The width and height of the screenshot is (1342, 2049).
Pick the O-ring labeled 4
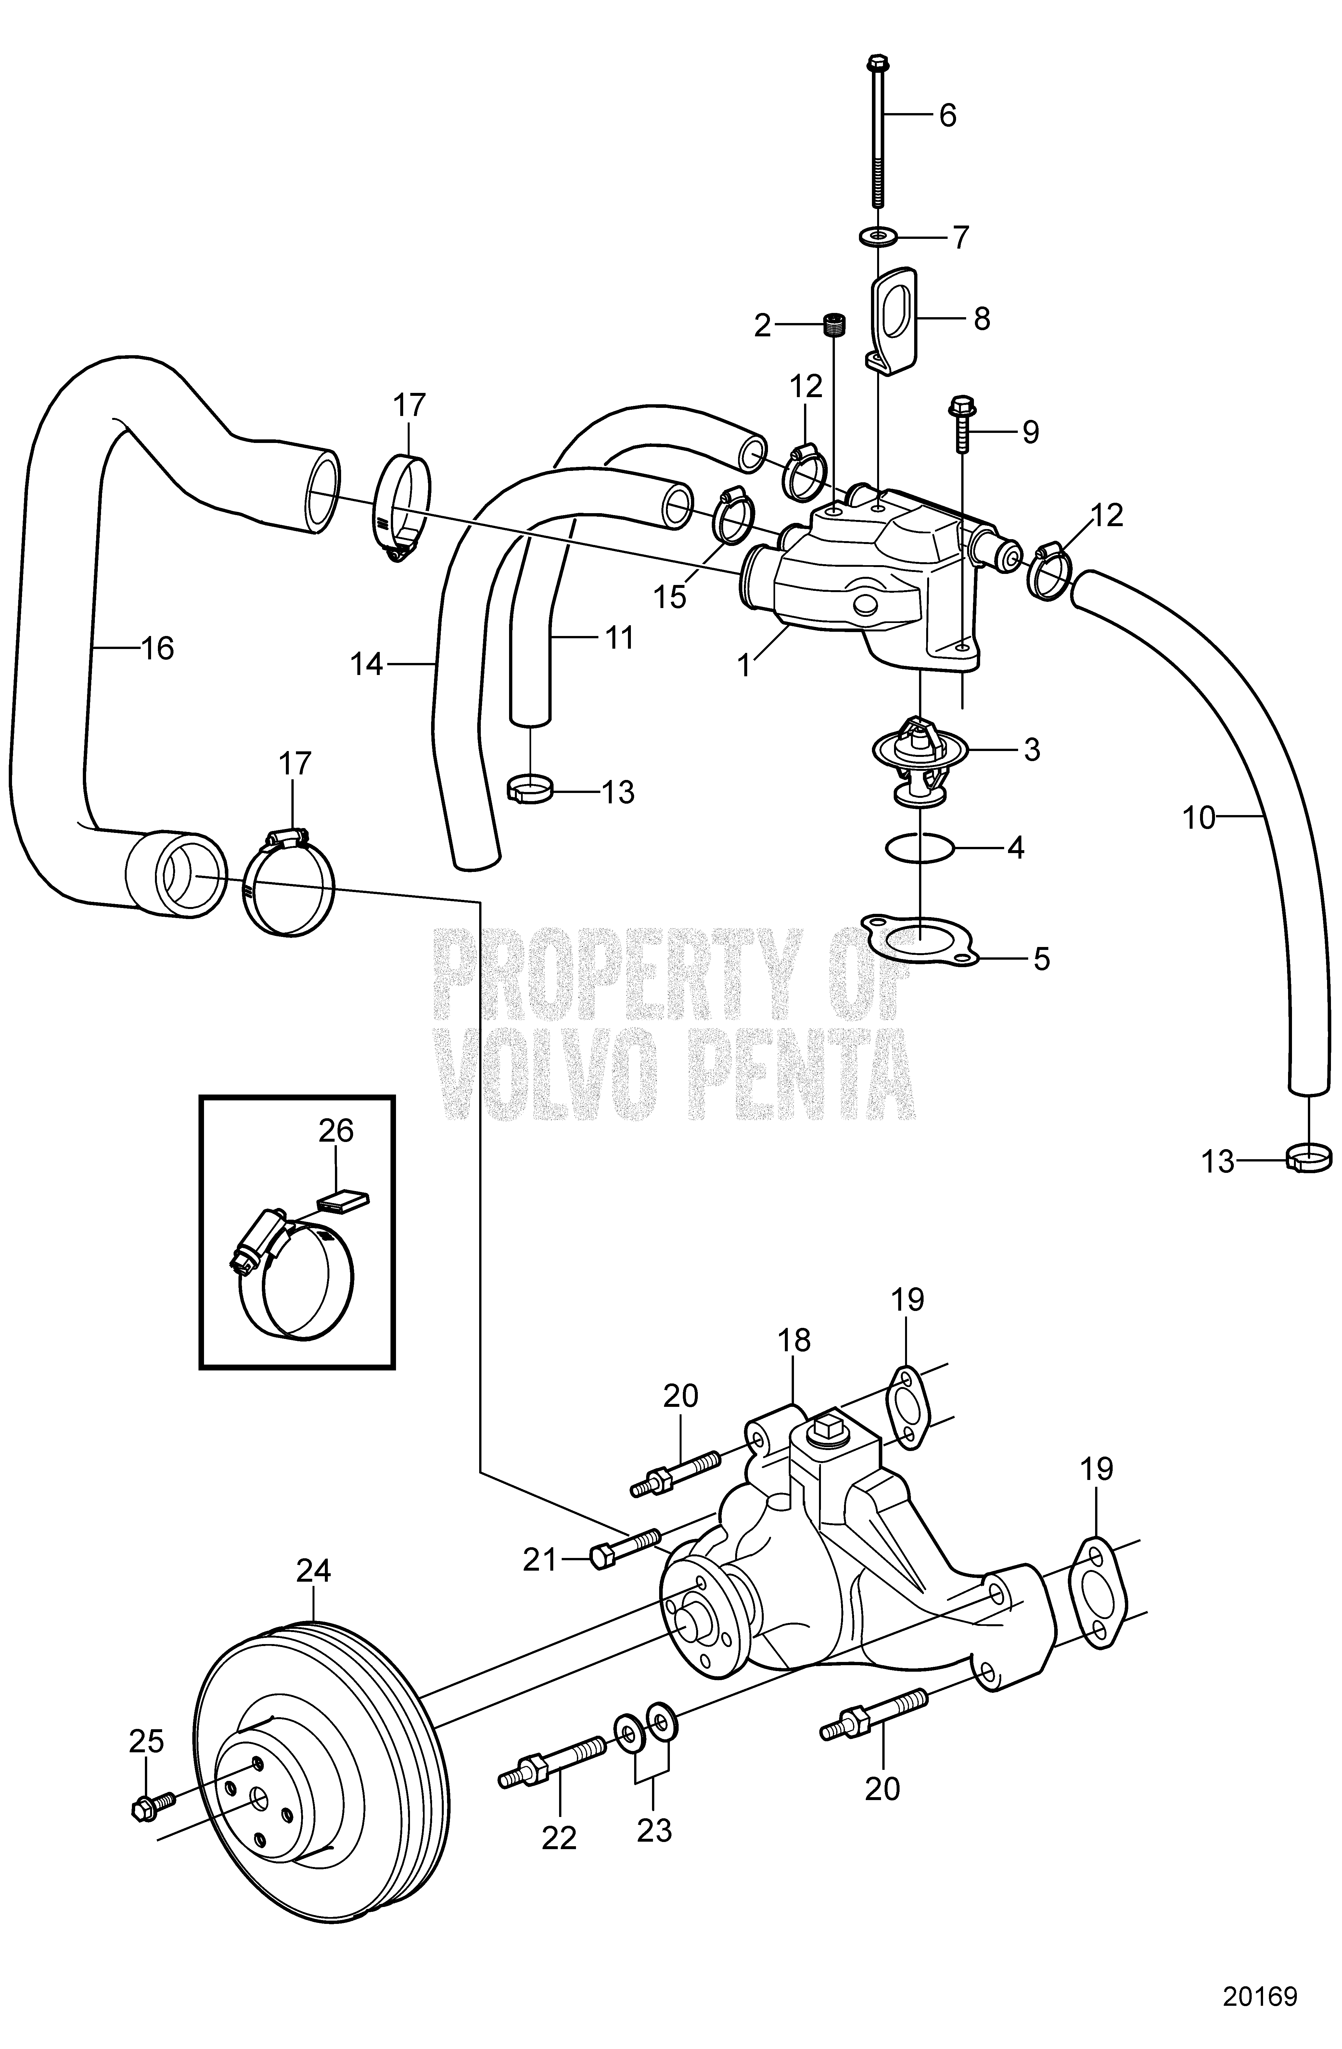click(919, 848)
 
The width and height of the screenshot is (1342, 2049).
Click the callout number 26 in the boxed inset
click(336, 1130)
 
